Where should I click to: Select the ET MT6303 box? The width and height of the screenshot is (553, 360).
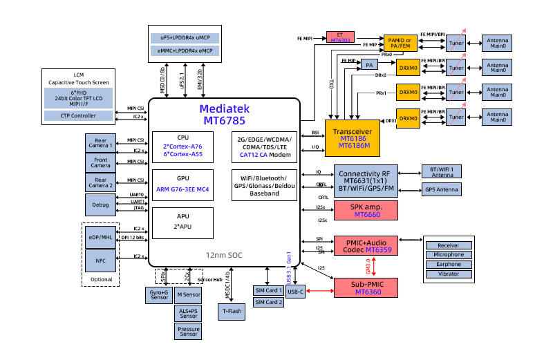pyautogui.click(x=339, y=37)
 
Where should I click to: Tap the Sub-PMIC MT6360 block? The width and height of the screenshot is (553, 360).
pyautogui.click(x=366, y=288)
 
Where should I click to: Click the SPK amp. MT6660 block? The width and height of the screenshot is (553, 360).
pyautogui.click(x=366, y=211)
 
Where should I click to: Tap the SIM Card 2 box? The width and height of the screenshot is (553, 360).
pyautogui.click(x=268, y=303)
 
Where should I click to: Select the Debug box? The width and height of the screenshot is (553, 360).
pyautogui.click(x=100, y=205)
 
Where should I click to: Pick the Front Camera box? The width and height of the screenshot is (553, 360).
pyautogui.click(x=100, y=162)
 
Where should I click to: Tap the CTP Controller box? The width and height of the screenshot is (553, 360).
pyautogui.click(x=78, y=115)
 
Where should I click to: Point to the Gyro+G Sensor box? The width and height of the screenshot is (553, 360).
pyautogui.click(x=160, y=296)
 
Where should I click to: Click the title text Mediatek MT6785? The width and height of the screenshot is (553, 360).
pyautogui.click(x=225, y=115)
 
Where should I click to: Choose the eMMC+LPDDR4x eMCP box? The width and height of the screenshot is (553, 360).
pyautogui.click(x=185, y=50)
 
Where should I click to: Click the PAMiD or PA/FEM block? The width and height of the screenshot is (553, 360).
pyautogui.click(x=398, y=42)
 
